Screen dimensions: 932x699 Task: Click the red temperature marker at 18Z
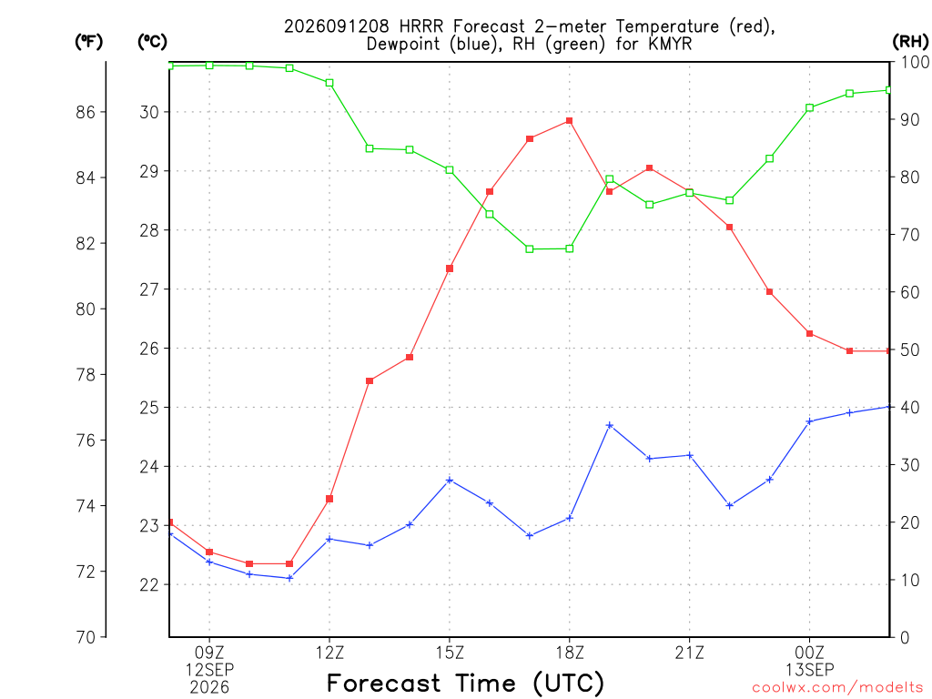point(570,121)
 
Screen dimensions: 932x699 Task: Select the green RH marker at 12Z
point(329,83)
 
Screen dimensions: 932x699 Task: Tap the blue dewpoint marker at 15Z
point(450,480)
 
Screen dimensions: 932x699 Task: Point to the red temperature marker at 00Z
point(809,333)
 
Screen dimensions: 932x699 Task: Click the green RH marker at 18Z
point(570,248)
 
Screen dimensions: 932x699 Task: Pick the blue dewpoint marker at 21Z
point(690,455)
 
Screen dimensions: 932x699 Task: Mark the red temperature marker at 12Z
point(329,499)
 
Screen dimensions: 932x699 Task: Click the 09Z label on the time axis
point(209,653)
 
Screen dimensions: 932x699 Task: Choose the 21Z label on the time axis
point(690,653)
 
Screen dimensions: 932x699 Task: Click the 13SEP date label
point(809,670)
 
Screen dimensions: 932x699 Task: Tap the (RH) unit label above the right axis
point(910,42)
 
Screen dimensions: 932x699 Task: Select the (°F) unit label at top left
point(88,42)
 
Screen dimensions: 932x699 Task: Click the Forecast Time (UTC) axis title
point(465,684)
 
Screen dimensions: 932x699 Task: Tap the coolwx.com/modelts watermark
point(837,688)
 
